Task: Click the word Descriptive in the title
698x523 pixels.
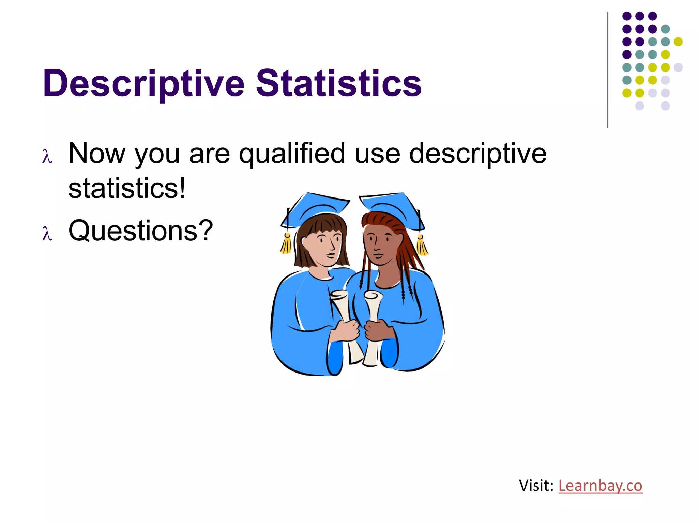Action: tap(143, 83)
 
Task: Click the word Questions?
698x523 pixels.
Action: tap(140, 231)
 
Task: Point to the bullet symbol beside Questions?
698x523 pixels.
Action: tap(47, 234)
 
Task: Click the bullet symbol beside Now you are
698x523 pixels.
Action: tap(47, 157)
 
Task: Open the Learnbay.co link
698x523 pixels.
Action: tap(600, 485)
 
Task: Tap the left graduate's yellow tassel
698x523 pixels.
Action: tap(286, 244)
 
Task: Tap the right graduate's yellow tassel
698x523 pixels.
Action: tap(422, 245)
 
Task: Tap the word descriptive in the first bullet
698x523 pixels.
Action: tap(477, 154)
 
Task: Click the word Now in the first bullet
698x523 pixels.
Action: tap(97, 154)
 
